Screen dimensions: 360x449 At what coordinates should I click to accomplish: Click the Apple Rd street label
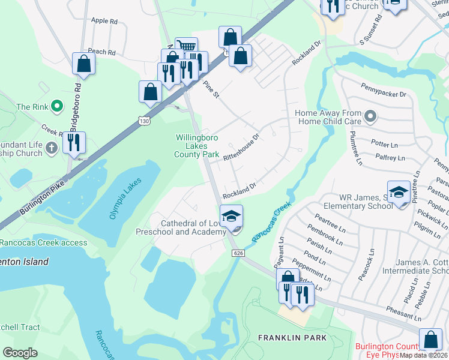104,21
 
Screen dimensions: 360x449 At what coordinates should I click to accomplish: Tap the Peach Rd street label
101,52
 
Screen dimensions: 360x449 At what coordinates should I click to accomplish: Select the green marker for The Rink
57,107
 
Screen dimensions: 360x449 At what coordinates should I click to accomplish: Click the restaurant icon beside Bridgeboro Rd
74,143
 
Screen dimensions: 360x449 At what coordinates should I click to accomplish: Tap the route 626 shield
238,254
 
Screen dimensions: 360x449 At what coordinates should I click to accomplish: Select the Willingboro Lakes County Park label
196,146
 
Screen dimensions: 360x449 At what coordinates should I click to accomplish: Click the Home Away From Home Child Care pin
370,116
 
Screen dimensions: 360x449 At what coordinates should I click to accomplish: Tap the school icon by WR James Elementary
399,192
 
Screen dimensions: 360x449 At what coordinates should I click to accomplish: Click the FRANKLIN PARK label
292,338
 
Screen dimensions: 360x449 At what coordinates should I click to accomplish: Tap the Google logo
20,353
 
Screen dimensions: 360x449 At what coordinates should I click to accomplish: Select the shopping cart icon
187,47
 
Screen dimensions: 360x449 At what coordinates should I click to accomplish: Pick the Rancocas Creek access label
44,243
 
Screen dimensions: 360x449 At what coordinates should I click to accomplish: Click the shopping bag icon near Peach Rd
83,63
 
